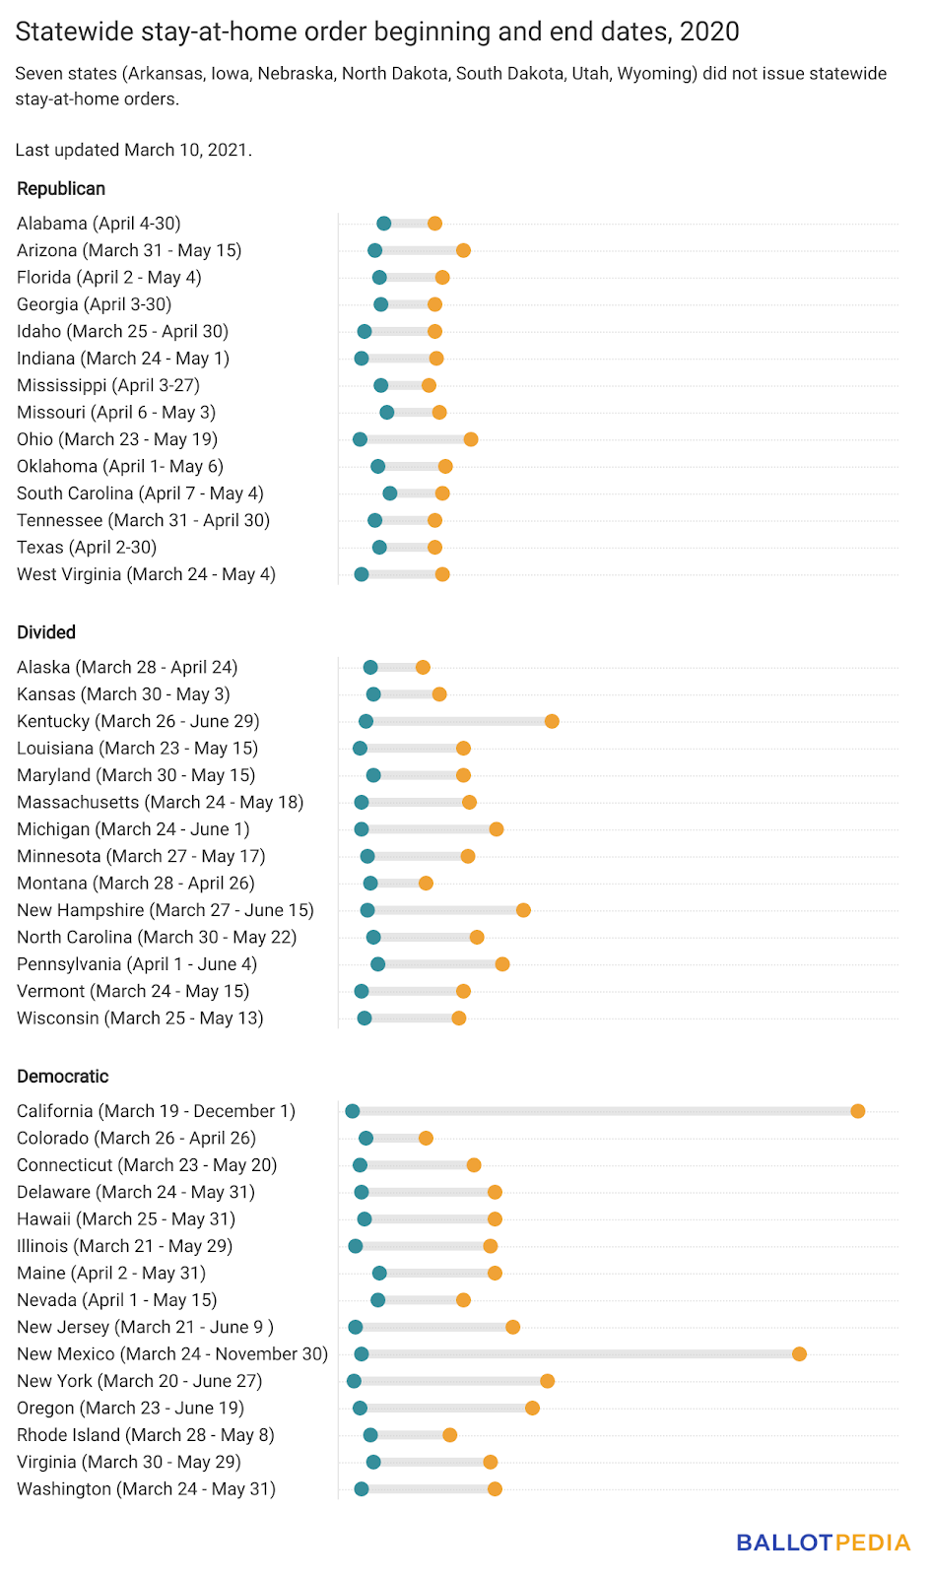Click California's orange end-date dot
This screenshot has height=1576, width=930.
coord(858,1111)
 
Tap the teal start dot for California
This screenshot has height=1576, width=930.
coord(353,1111)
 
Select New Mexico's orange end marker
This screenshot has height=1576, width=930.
coord(800,1354)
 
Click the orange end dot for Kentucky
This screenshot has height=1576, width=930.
coord(552,721)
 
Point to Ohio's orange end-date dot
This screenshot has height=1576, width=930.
coord(471,439)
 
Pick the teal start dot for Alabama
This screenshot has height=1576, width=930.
coord(384,224)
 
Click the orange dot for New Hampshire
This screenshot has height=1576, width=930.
coord(523,910)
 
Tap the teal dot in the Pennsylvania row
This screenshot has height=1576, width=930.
coord(378,964)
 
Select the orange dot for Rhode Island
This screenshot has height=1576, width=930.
coord(449,1435)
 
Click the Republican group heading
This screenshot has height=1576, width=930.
coord(61,189)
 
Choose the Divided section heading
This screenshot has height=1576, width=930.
coord(46,632)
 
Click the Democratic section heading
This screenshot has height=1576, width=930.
coord(63,1077)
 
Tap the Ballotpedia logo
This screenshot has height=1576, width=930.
coord(824,1543)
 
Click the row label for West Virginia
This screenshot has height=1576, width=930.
coord(146,574)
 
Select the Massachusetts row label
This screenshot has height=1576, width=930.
coord(160,803)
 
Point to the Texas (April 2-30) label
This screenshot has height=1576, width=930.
coord(87,548)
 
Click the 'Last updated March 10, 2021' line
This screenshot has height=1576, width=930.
coord(134,150)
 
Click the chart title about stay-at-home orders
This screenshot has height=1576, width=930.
coord(377,32)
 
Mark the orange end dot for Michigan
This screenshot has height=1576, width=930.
coord(497,829)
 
